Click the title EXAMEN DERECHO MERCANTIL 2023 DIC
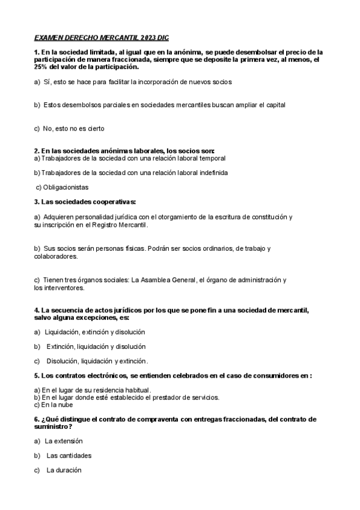pos(102,37)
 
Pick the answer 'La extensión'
pos(64,441)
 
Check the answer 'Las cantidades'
pos(69,455)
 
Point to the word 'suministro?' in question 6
pos(53,426)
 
